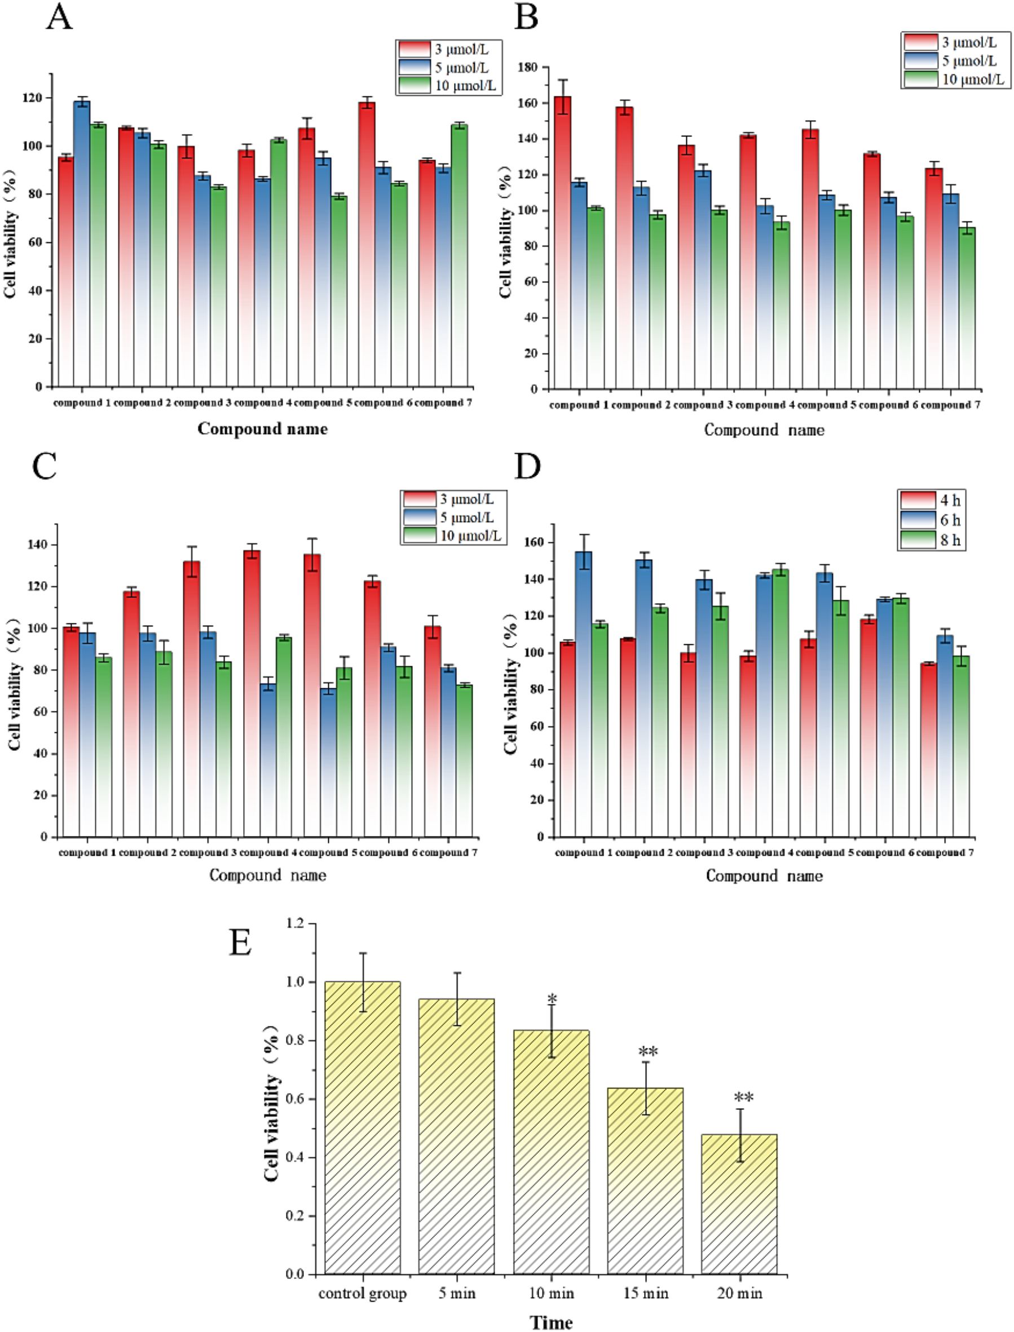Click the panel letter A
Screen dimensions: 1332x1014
pos(59,18)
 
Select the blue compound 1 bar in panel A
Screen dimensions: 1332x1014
pos(81,241)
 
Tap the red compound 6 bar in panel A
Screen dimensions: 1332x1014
pos(367,241)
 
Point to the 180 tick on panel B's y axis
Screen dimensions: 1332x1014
pos(529,67)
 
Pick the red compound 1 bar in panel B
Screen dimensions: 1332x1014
pos(562,241)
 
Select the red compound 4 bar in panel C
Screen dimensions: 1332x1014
pos(252,694)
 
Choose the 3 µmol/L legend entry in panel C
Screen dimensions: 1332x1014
pos(453,499)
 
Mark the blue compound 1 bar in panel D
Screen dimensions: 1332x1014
pos(584,694)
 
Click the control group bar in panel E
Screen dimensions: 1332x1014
pos(362,1128)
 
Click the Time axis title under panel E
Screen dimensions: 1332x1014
pos(550,1322)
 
